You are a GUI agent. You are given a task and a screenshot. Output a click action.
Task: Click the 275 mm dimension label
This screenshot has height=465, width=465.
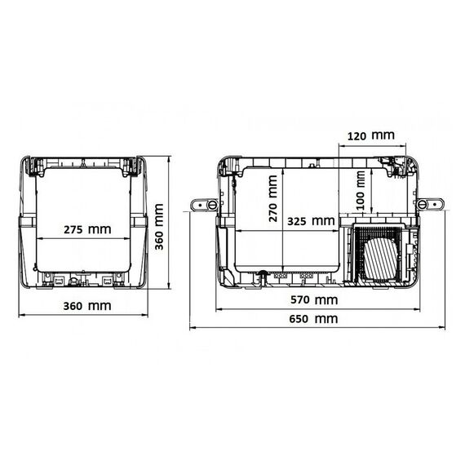tap(87, 229)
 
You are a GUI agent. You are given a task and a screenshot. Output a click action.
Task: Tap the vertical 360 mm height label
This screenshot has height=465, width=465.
tap(159, 227)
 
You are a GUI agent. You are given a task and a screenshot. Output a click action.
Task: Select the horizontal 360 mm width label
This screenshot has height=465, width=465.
tap(87, 306)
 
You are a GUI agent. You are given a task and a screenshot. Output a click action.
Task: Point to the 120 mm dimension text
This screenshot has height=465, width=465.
tap(370, 135)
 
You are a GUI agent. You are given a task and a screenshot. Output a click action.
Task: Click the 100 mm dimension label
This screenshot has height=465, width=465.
tap(360, 191)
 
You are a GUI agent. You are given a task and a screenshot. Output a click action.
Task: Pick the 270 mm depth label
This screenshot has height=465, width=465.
tap(272, 198)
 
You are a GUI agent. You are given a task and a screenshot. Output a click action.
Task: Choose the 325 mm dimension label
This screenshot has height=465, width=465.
tap(311, 221)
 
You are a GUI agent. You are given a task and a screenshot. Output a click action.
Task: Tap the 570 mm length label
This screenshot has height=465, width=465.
tap(314, 300)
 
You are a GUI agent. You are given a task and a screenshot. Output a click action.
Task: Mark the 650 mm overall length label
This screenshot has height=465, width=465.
tap(313, 319)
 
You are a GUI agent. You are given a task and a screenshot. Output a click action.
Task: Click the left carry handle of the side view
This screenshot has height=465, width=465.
tap(205, 205)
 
